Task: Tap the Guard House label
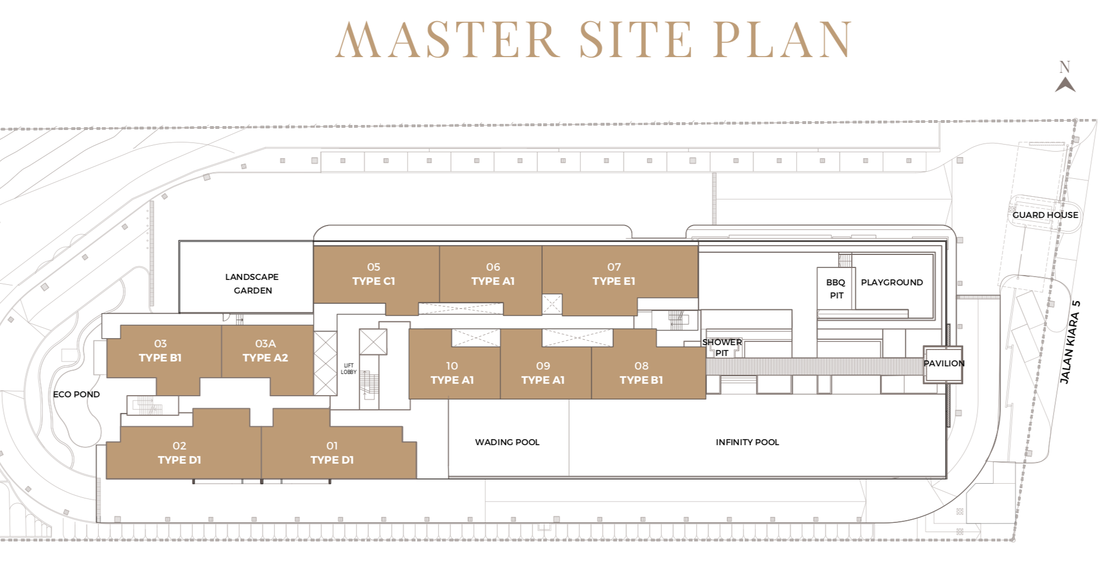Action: pyautogui.click(x=1045, y=215)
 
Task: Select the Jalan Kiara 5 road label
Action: pyautogui.click(x=1069, y=342)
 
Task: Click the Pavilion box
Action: pyautogui.click(x=943, y=364)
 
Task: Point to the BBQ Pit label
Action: pyautogui.click(x=836, y=289)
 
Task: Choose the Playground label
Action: pyautogui.click(x=892, y=282)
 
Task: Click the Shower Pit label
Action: pyautogui.click(x=722, y=347)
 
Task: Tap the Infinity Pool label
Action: pyautogui.click(x=747, y=442)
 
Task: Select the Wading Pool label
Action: pyautogui.click(x=507, y=442)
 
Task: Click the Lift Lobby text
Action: pyautogui.click(x=348, y=369)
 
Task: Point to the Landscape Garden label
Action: pyautogui.click(x=252, y=283)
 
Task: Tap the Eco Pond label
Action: pyautogui.click(x=76, y=394)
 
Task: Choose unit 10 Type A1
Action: pyautogui.click(x=452, y=373)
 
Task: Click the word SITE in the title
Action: pyautogui.click(x=635, y=39)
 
